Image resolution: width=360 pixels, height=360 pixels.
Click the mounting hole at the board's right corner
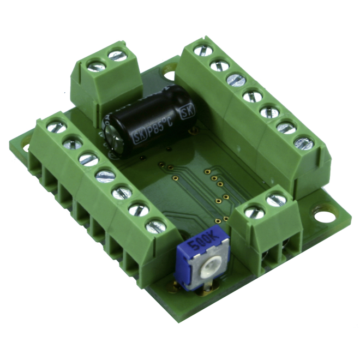point(325,217)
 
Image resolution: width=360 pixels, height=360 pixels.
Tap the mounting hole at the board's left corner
point(26,148)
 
